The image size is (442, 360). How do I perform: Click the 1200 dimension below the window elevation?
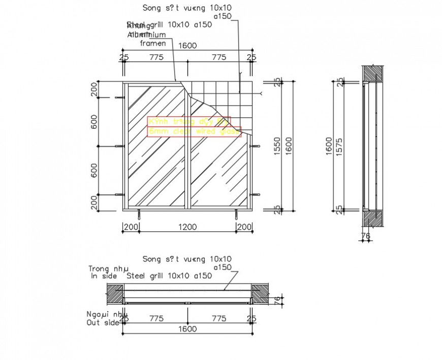pos(187,227)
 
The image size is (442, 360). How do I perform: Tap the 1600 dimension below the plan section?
pos(187,329)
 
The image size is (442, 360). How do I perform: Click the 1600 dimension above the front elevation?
pos(187,46)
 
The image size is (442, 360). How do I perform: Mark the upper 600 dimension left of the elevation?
pos(94,122)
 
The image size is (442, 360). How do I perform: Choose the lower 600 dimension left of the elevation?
pos(94,170)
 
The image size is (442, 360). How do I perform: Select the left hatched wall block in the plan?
pos(115,294)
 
